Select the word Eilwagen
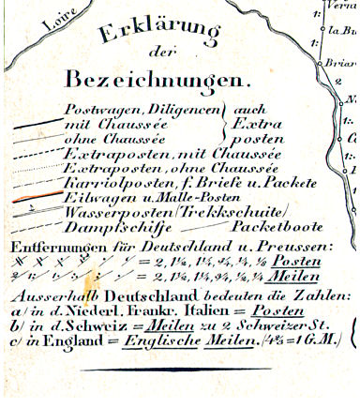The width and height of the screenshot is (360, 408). tap(102, 199)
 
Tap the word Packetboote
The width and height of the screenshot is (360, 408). tap(277, 229)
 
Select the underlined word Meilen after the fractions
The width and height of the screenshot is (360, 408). tap(287, 278)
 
